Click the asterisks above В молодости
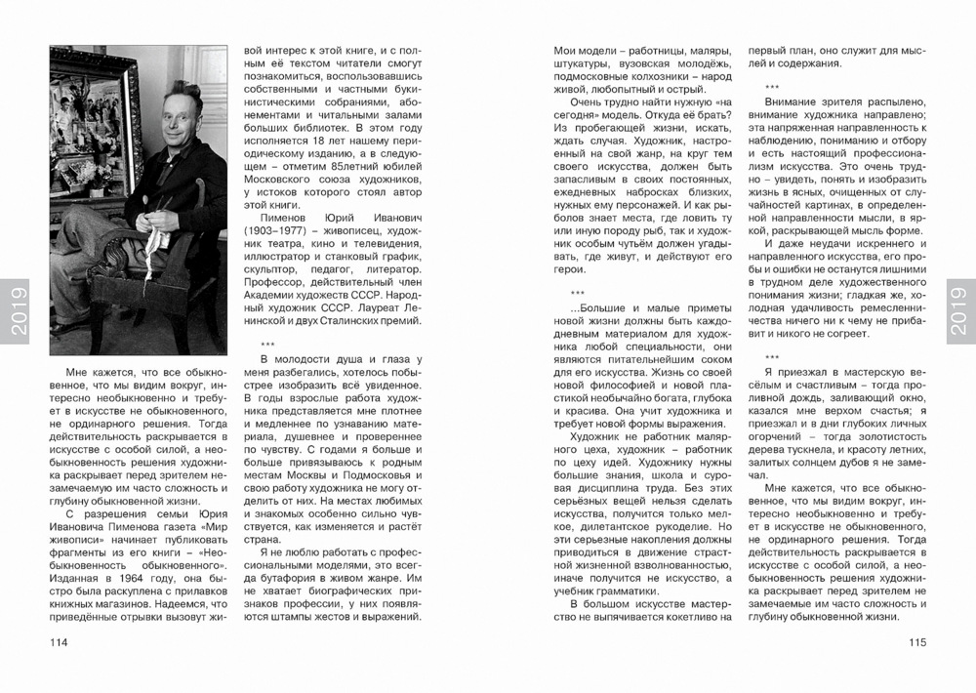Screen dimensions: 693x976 266,344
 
